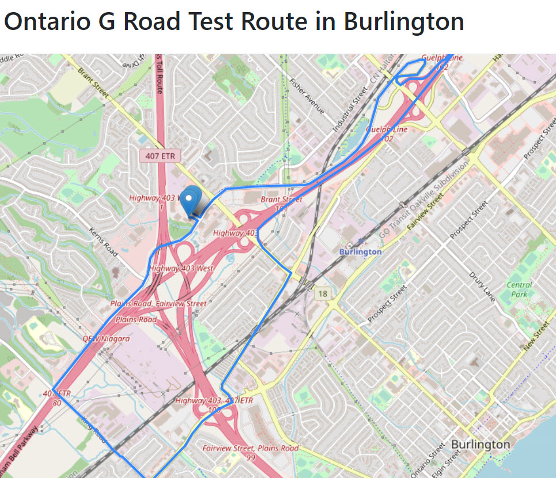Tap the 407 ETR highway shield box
coord(160,156)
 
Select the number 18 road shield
coord(322,294)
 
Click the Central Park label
coord(519,289)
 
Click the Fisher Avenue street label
coord(307,96)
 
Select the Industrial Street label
coord(350,109)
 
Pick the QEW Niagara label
coord(106,338)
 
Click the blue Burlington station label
coord(360,251)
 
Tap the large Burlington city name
coord(480,445)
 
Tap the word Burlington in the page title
coord(404,22)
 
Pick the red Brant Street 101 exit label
coord(282,203)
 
